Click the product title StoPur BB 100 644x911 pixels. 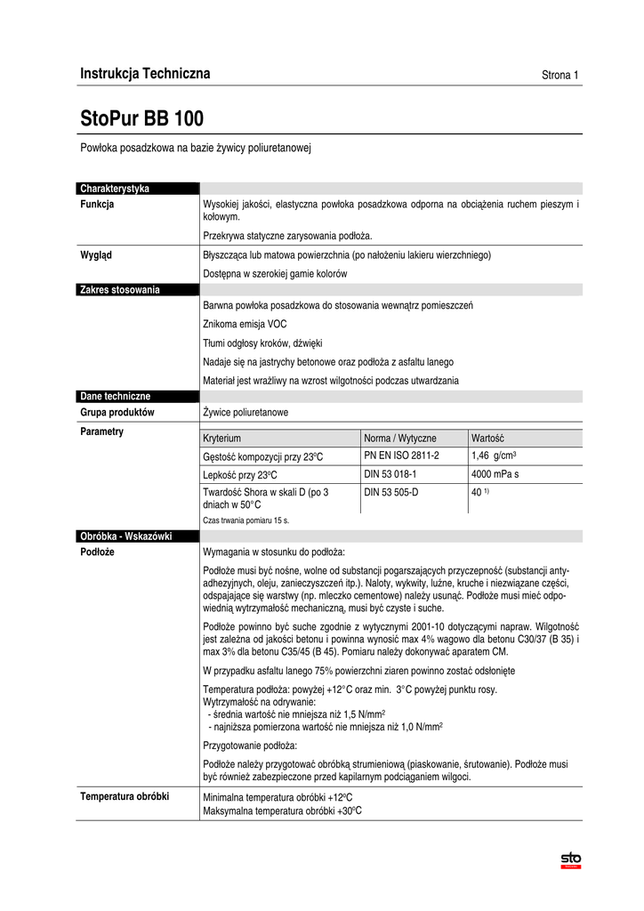tap(141, 118)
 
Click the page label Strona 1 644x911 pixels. tap(560, 76)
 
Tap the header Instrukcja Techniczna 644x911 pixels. tap(145, 74)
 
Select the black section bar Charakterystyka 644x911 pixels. tap(114, 189)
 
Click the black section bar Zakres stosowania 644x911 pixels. tap(119, 289)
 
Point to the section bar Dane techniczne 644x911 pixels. tap(115, 396)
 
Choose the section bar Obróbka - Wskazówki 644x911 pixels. tap(125, 536)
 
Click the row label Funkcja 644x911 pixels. tap(97, 205)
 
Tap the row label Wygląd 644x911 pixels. tap(97, 254)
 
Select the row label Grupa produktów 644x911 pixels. tap(117, 413)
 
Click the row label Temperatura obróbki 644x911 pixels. tap(125, 796)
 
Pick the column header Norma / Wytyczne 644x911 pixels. tap(400, 439)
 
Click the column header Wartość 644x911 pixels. tap(487, 439)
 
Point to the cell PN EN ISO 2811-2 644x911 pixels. tap(402, 455)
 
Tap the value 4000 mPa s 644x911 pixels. tap(495, 474)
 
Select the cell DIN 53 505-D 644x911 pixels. tap(390, 492)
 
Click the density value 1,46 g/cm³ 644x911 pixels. tap(495, 456)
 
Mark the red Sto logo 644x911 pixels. tap(569, 859)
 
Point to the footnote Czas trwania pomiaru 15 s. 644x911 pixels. tap(246, 520)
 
